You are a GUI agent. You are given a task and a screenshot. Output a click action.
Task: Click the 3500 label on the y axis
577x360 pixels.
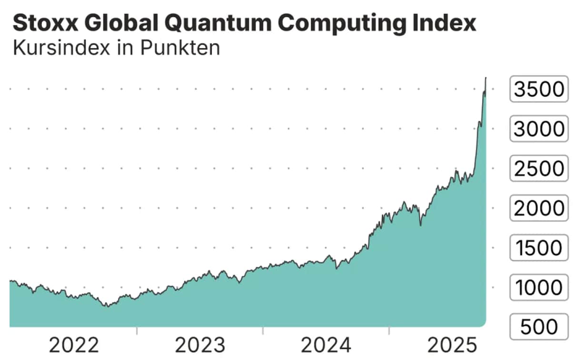[x=539, y=89]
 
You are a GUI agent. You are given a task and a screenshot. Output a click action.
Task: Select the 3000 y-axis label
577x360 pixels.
[x=539, y=129]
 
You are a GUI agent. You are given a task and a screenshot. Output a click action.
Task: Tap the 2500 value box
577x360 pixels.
[x=539, y=169]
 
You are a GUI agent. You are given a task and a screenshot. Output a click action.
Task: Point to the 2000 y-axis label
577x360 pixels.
[x=539, y=208]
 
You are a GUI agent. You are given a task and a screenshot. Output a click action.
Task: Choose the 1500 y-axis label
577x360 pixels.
[x=539, y=248]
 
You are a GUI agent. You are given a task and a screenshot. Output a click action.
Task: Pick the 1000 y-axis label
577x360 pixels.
[x=539, y=288]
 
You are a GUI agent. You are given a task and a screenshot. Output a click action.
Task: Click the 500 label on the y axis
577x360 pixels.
[x=539, y=327]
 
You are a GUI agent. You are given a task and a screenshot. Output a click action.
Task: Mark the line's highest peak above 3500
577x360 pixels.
[x=486, y=78]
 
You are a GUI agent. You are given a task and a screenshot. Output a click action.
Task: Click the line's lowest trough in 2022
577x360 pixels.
[x=108, y=306]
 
